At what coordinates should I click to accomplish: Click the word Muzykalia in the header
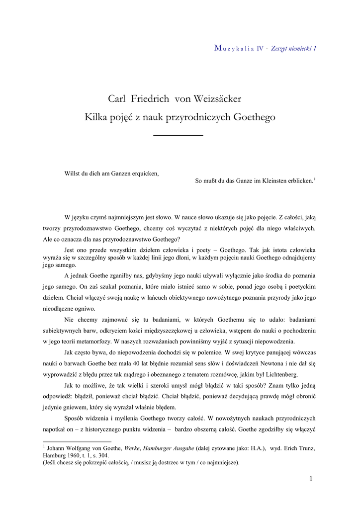[x=234, y=48]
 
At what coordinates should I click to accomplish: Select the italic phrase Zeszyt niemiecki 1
[x=293, y=48]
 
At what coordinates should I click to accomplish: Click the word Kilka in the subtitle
[x=96, y=118]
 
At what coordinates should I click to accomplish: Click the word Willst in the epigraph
[x=73, y=173]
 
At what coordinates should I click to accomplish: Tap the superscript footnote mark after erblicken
[x=314, y=178]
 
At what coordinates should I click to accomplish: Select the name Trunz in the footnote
[x=305, y=448]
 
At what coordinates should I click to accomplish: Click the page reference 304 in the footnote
[x=114, y=455]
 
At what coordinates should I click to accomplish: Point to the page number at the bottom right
[x=310, y=479]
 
